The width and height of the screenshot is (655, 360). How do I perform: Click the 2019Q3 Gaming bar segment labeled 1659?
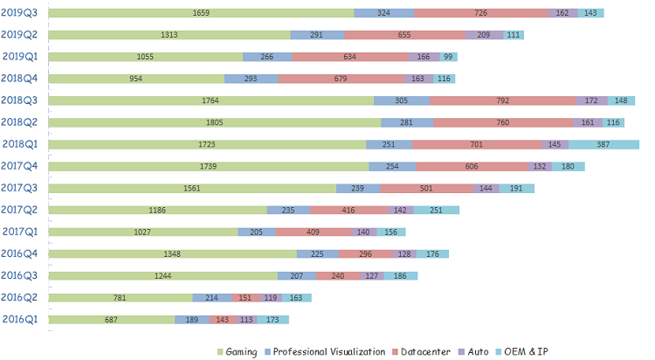click(x=201, y=13)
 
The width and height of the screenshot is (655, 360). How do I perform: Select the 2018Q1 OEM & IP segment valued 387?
click(x=603, y=144)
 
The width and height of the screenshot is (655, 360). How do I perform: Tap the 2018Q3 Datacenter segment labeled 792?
click(x=503, y=100)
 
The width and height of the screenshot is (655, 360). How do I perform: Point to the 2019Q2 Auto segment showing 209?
click(x=484, y=35)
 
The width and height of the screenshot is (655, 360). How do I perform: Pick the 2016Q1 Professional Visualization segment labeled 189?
click(x=192, y=320)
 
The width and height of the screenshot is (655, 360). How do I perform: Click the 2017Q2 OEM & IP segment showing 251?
click(x=436, y=210)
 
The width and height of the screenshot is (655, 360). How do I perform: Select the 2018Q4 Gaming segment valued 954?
click(x=136, y=79)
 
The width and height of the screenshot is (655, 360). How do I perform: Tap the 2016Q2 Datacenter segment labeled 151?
click(x=245, y=298)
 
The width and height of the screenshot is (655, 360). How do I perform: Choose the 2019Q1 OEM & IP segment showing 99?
click(x=448, y=57)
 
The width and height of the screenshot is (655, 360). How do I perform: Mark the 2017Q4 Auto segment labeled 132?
click(x=540, y=166)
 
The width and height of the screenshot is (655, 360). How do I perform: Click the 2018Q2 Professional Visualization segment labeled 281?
click(x=407, y=122)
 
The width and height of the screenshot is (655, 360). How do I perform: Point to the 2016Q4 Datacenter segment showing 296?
click(x=366, y=253)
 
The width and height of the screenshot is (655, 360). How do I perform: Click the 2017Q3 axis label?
click(x=19, y=188)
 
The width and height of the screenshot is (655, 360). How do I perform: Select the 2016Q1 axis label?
click(x=20, y=320)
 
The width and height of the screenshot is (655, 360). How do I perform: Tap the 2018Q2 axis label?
click(x=19, y=122)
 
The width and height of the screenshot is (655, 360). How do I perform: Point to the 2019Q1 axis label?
click(x=20, y=57)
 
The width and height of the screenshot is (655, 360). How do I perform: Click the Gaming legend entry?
click(x=238, y=352)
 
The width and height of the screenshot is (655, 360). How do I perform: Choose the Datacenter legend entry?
click(x=421, y=352)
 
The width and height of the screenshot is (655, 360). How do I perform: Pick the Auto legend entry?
click(x=473, y=352)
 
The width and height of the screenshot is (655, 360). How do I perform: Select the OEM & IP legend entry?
click(x=521, y=352)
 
